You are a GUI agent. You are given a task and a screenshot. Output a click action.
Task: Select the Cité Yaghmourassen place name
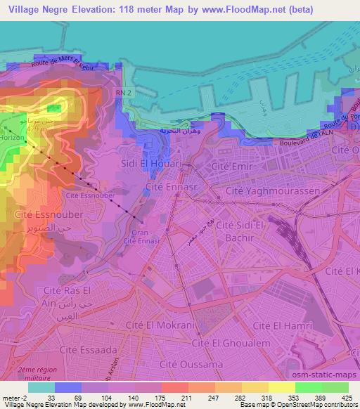point(273,190)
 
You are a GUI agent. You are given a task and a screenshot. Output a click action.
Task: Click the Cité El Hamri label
point(278,325)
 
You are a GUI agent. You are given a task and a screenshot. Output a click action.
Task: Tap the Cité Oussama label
point(191,364)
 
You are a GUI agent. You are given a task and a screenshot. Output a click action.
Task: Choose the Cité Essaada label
point(87,349)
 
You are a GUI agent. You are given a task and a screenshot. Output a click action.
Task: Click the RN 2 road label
point(124,92)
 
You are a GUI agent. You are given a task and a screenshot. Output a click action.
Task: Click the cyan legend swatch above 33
point(40,387)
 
